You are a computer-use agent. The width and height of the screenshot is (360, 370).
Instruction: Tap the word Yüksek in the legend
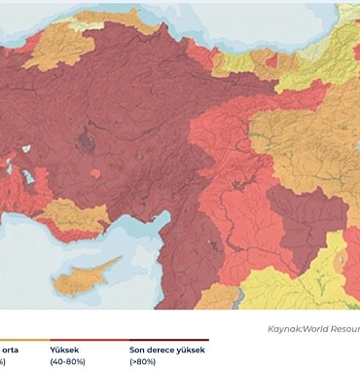pos(64,349)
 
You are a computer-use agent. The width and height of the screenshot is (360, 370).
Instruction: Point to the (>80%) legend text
pos(143,361)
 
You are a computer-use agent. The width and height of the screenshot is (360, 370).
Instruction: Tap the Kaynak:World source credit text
pos(312,329)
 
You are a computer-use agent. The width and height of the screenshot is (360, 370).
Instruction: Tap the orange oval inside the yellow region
pos(340,263)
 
